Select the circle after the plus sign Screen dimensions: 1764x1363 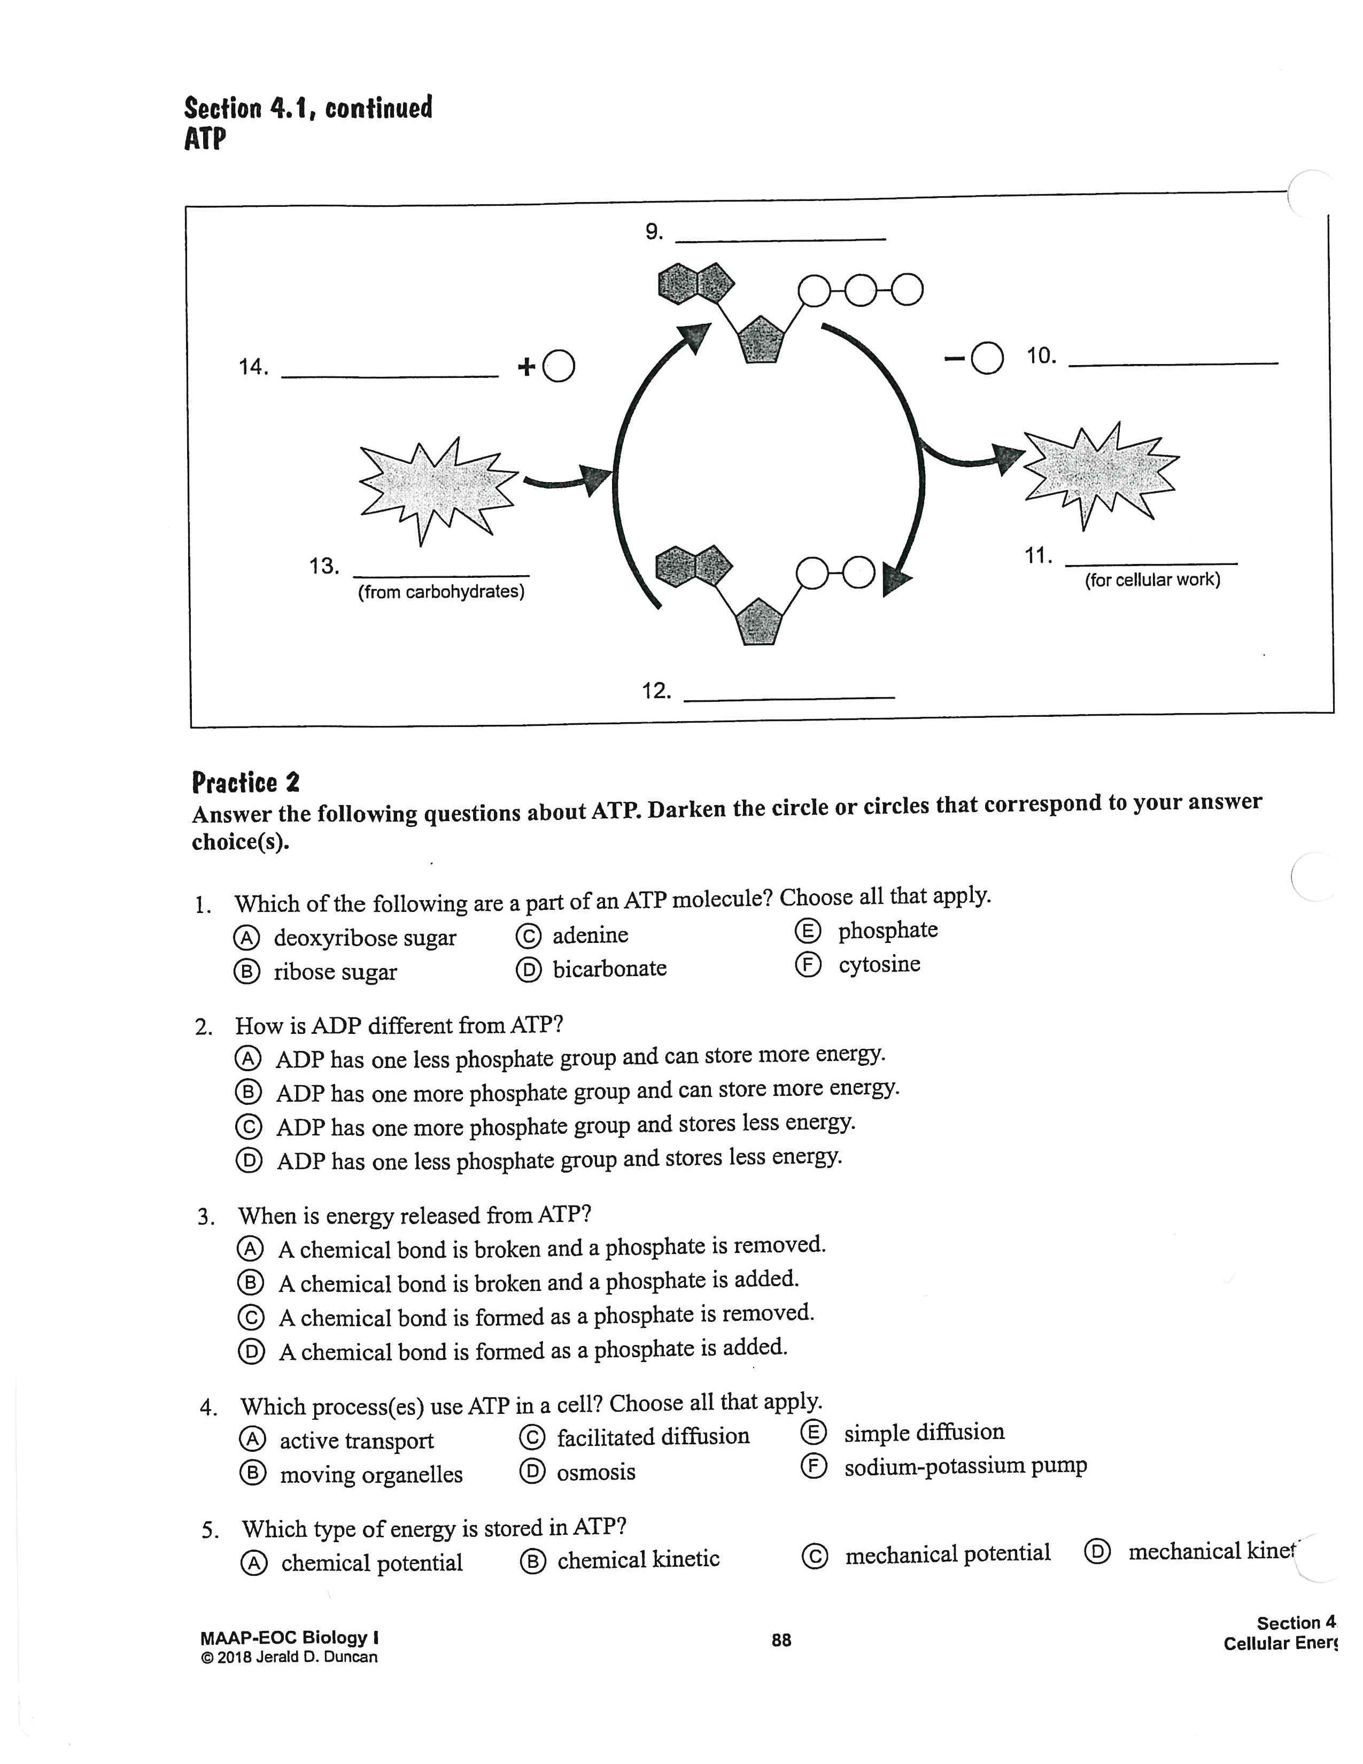559,367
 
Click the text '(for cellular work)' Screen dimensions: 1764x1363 1152,580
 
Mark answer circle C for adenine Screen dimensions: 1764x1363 528,936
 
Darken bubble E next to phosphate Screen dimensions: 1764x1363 808,931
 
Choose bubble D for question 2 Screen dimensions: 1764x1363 249,1160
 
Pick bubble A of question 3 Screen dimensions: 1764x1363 250,1249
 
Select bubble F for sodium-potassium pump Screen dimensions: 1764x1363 813,1466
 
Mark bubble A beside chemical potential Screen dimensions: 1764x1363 253,1564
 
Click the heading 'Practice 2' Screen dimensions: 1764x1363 245,783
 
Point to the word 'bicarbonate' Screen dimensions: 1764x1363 610,969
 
